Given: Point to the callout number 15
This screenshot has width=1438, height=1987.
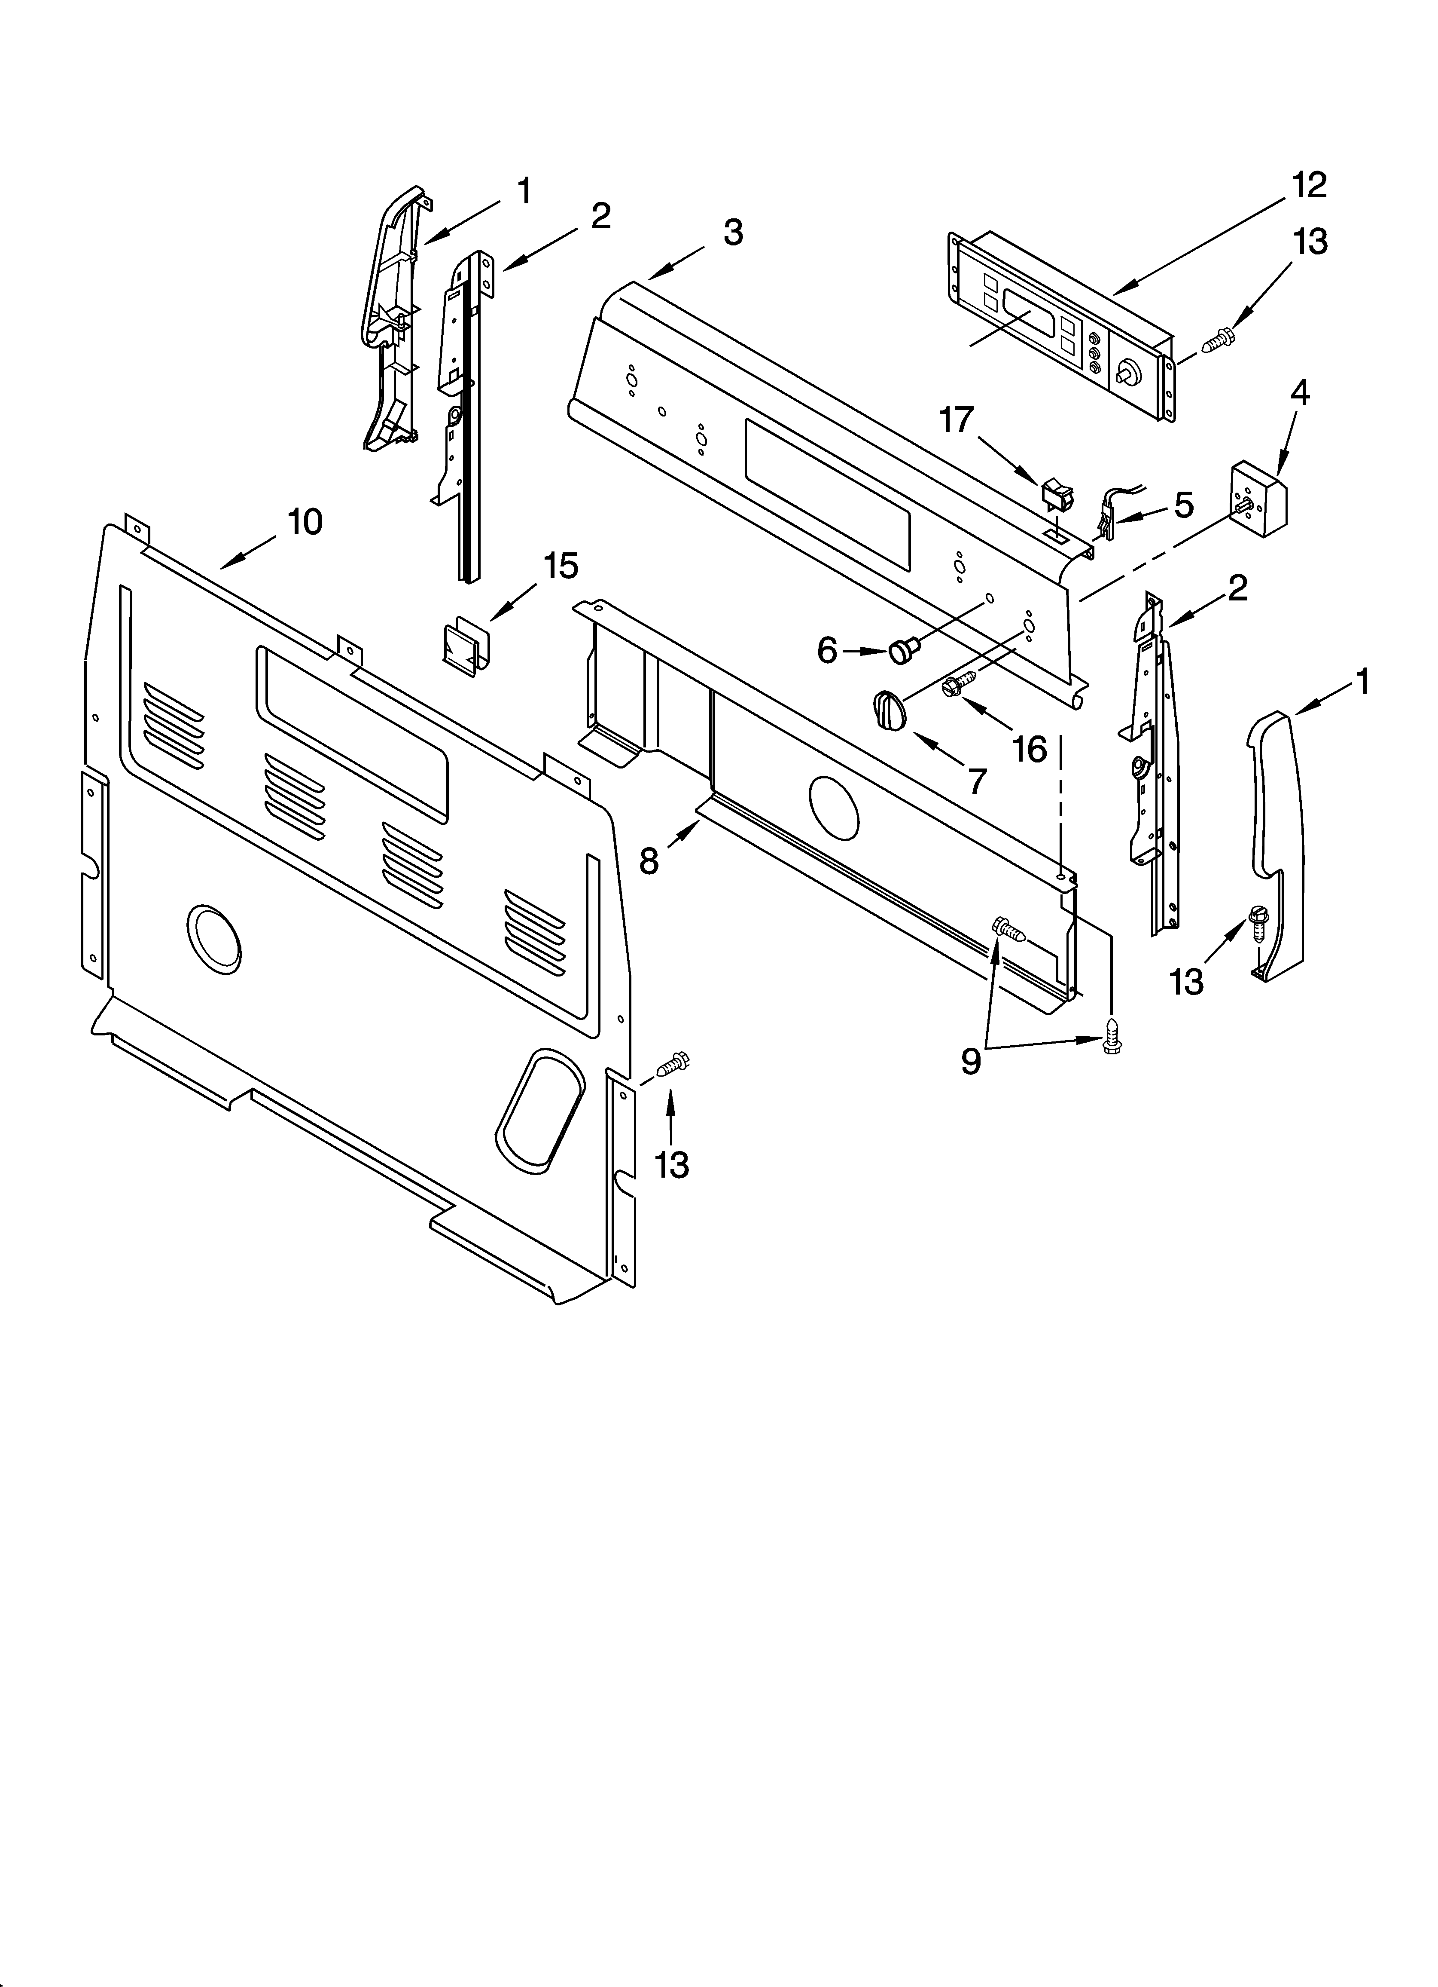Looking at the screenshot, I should tap(561, 566).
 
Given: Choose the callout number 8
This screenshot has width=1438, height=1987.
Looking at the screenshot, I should tap(648, 861).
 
